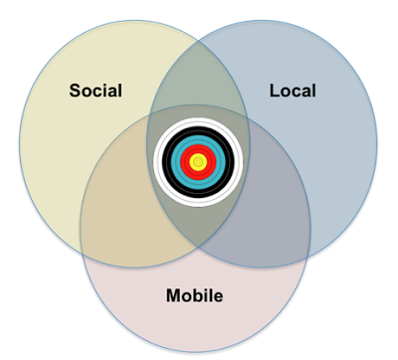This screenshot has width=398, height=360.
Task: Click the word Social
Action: coord(96,90)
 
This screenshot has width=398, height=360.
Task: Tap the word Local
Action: coord(293,90)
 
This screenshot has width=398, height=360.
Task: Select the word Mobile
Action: coord(194,295)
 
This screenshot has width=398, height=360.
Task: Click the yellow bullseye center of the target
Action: coord(198,162)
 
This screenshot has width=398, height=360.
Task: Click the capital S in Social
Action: coord(76,90)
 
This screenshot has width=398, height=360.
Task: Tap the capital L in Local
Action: coord(275,90)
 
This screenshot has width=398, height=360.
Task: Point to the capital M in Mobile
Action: coord(173,295)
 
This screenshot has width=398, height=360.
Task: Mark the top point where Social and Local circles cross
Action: coord(198,41)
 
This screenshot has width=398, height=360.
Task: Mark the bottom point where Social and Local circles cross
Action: coord(198,247)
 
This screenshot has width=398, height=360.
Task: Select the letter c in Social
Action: coord(101,92)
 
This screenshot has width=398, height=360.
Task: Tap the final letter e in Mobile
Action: coord(218,297)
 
